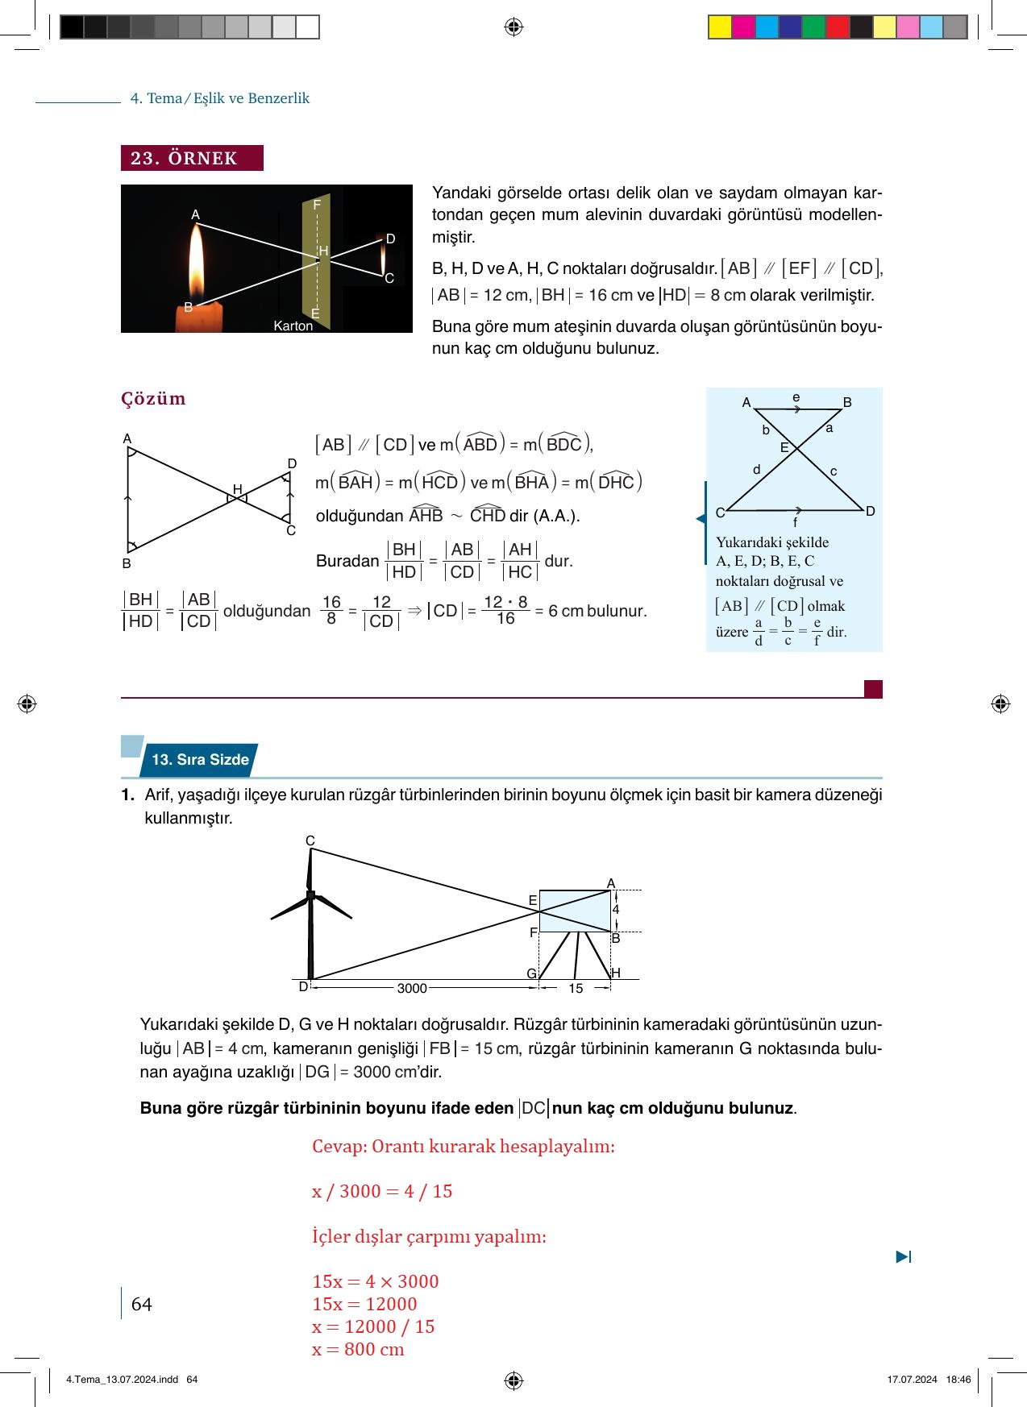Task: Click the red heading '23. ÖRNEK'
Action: (x=192, y=158)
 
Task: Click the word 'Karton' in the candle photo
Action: (x=293, y=326)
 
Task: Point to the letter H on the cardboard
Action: (x=323, y=251)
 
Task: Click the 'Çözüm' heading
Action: (x=153, y=399)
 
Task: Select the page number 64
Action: (x=141, y=1304)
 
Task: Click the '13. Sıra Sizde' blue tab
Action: (x=200, y=759)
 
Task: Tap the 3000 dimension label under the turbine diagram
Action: (x=412, y=988)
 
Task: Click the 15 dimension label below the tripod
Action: (x=576, y=988)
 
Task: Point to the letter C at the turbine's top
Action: (x=310, y=840)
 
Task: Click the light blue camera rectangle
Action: (x=574, y=911)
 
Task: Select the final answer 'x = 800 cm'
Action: (x=358, y=1349)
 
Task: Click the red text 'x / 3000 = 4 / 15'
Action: (x=382, y=1191)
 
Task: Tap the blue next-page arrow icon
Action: (x=903, y=1256)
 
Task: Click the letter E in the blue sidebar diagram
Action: (x=784, y=447)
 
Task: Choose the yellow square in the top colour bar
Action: (x=719, y=27)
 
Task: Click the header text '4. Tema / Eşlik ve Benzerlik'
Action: (x=220, y=98)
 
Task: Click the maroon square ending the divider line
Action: (x=873, y=689)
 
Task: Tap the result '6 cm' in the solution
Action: (x=565, y=611)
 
